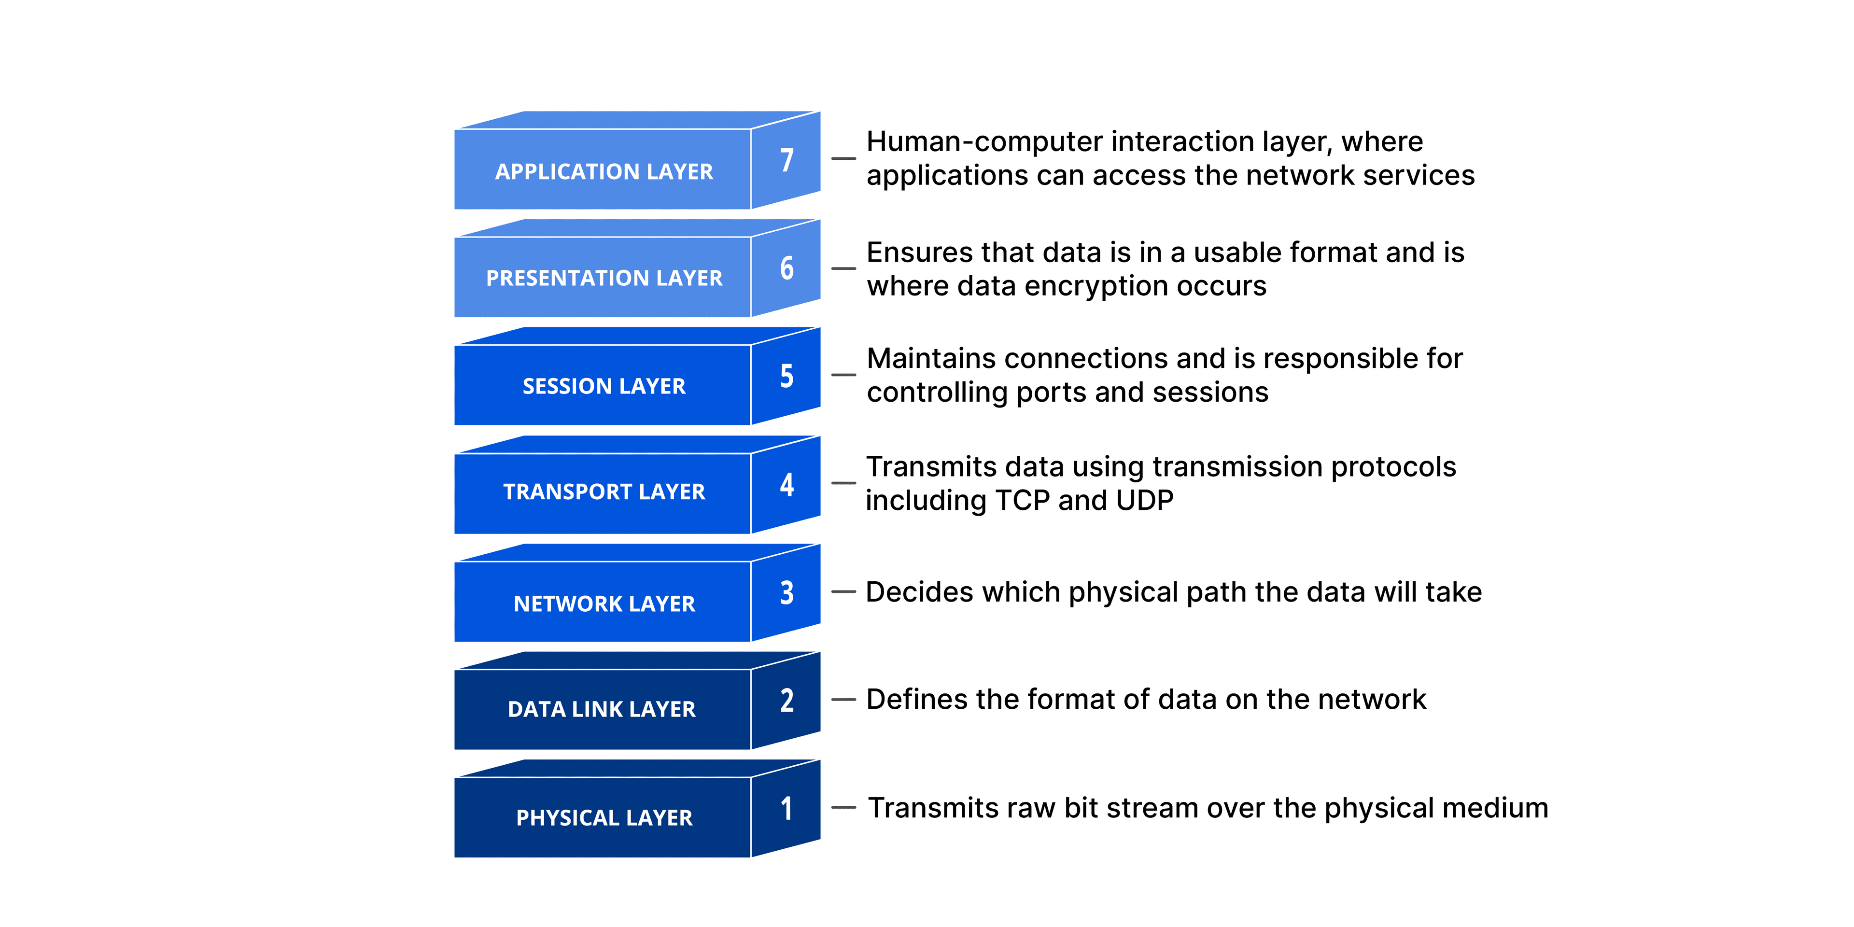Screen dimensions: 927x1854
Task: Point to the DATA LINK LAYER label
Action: (x=601, y=709)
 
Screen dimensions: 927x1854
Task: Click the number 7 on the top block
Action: (x=787, y=160)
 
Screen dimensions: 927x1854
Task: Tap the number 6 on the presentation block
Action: (x=787, y=268)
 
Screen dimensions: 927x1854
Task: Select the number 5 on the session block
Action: (x=787, y=376)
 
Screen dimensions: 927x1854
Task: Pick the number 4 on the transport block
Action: (x=787, y=484)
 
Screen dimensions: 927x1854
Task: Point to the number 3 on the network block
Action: (x=787, y=592)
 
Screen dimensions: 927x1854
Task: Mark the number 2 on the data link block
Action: (x=787, y=700)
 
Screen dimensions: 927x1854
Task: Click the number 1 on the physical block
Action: (x=787, y=808)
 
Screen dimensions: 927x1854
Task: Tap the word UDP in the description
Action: (x=1144, y=500)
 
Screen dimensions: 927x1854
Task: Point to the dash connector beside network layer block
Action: (x=843, y=591)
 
